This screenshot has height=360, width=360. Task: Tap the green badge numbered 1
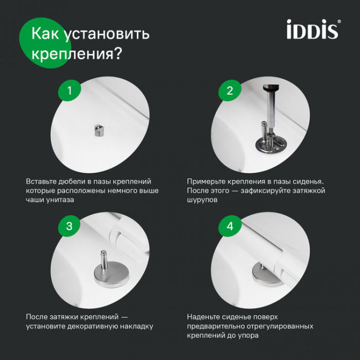pyautogui.click(x=69, y=91)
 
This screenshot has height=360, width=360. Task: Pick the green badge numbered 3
pyautogui.click(x=69, y=226)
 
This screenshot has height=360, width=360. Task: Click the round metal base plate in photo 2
pyautogui.click(x=268, y=145)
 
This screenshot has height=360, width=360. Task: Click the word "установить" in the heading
pyautogui.click(x=107, y=34)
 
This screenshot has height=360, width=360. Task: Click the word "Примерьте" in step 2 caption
pyautogui.click(x=207, y=181)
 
